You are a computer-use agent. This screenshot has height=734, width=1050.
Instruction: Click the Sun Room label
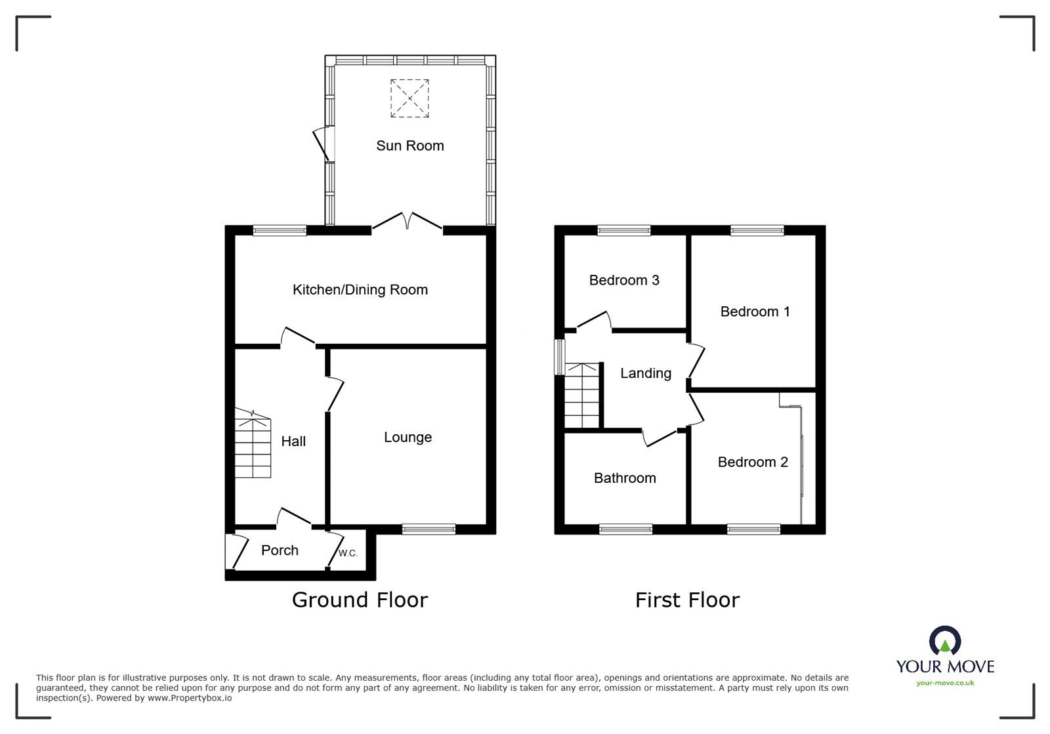pos(409,146)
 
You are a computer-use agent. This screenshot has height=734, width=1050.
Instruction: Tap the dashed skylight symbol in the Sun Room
pos(409,98)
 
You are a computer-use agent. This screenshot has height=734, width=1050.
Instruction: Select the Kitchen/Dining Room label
pos(360,289)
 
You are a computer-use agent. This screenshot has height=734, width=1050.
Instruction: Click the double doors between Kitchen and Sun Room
pos(408,222)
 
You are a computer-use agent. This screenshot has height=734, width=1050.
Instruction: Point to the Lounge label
pos(408,438)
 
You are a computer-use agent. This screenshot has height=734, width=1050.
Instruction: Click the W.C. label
pos(348,554)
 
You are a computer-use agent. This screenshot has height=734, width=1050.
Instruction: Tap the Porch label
pos(280,550)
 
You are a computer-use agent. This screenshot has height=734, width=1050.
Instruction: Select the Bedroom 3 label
pos(623,280)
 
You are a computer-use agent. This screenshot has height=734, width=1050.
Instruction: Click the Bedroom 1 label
pos(755,312)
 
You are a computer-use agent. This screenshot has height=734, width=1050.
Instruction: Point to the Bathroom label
pos(624,478)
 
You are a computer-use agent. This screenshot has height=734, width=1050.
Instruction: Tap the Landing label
pos(646,373)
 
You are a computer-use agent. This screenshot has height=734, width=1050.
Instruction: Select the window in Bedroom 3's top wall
pos(624,230)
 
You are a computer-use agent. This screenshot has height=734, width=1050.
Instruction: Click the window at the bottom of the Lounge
pos(429,529)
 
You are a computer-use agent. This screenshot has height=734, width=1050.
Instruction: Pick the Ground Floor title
pos(360,600)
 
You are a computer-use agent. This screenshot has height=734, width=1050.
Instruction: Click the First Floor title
pos(687,600)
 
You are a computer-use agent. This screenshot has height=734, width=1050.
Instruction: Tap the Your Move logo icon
pos(945,641)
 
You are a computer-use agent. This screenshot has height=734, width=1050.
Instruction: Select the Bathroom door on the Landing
pos(661,438)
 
